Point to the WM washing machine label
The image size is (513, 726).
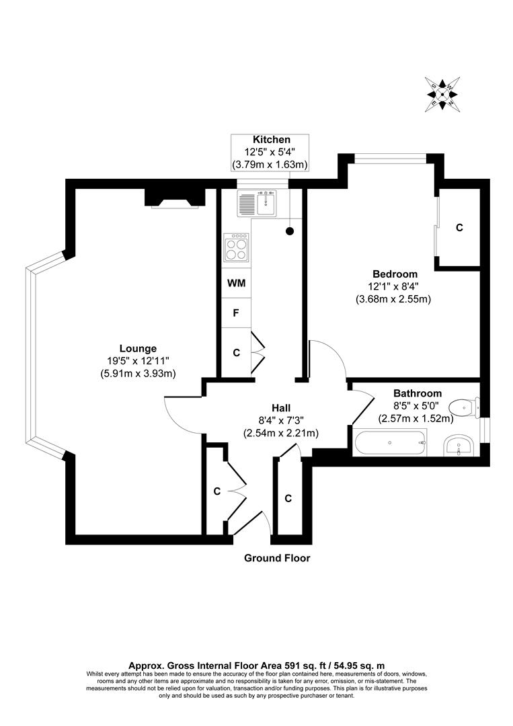point(236,283)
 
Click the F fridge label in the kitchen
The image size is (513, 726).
point(236,313)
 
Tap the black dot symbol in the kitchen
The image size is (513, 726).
point(290,231)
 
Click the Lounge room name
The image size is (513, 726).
point(138,348)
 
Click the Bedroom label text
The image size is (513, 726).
point(395,274)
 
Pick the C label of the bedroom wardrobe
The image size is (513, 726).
point(459,228)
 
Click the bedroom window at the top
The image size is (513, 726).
point(391,159)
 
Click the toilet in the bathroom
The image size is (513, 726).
point(465,406)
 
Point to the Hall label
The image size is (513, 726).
point(280,408)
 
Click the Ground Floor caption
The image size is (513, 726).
point(277,558)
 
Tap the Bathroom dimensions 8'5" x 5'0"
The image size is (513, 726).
point(417,406)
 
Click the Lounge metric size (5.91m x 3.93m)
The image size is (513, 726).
point(137,374)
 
